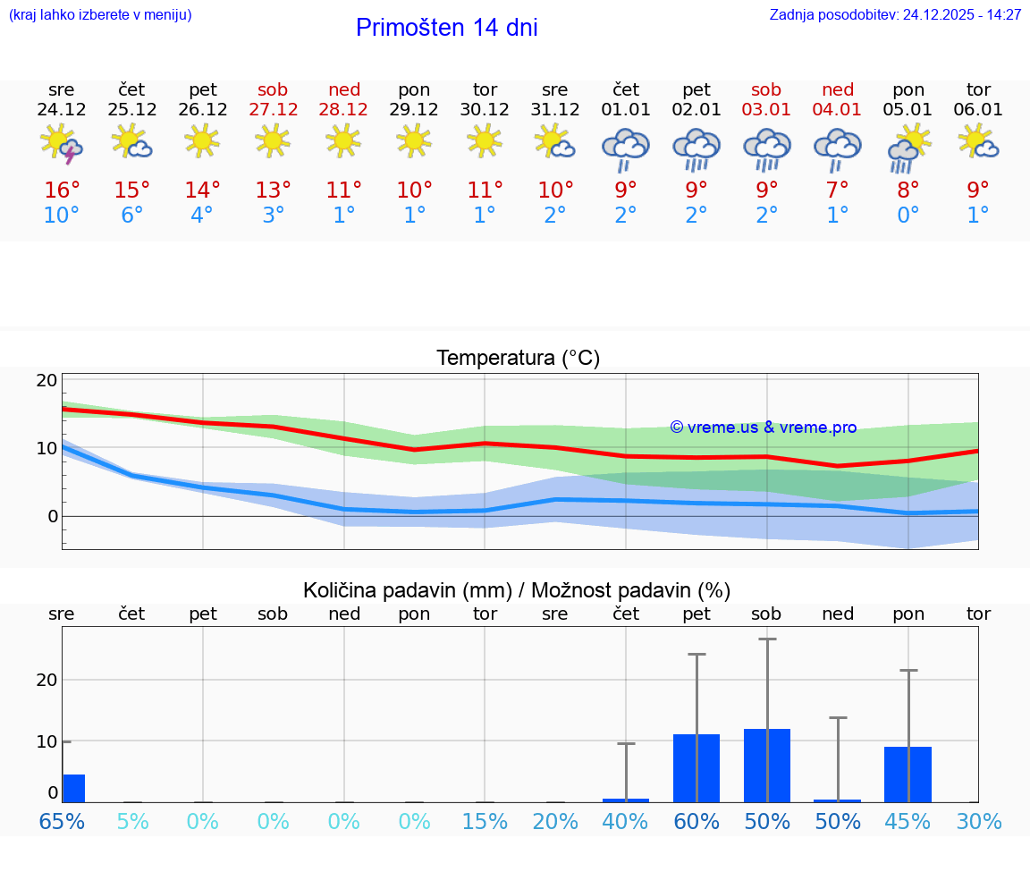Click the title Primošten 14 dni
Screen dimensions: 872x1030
[446, 28]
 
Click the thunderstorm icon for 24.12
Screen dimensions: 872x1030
[62, 145]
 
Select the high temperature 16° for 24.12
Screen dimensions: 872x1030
[62, 190]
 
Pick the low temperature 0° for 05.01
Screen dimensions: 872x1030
[908, 216]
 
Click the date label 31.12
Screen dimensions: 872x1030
[555, 110]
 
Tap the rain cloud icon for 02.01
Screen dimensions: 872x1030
[697, 148]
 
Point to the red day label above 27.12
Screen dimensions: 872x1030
[273, 90]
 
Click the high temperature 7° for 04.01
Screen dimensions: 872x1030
[837, 190]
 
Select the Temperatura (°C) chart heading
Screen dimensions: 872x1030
[518, 359]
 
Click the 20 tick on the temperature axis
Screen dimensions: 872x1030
[47, 381]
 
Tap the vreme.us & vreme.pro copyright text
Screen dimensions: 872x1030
[763, 428]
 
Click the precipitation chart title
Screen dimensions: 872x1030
[517, 590]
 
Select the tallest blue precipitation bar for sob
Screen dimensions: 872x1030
[767, 766]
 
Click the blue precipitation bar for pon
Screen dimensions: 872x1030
[908, 775]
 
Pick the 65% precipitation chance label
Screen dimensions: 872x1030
[63, 821]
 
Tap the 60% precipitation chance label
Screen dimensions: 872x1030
[697, 821]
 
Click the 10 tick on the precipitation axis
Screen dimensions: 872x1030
[47, 741]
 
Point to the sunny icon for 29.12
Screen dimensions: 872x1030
[414, 140]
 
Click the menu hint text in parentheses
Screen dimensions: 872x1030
[99, 15]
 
